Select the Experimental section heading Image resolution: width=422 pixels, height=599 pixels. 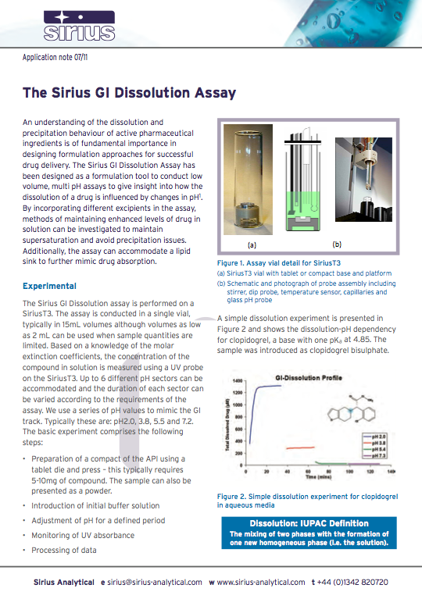coord(49,286)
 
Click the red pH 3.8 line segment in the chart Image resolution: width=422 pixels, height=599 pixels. coord(297,448)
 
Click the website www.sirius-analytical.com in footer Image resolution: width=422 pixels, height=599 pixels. coord(260,582)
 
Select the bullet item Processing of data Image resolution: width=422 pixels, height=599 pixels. coord(64,550)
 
